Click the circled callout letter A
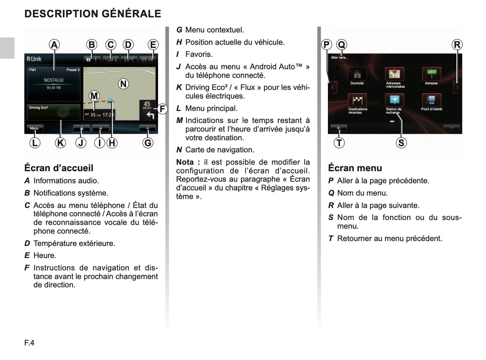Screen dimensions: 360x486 click(x=54, y=45)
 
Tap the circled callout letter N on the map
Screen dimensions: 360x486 click(x=123, y=84)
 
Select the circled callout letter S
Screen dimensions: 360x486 click(x=401, y=143)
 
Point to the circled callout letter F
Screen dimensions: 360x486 click(x=162, y=109)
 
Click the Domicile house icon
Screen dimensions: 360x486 click(x=357, y=74)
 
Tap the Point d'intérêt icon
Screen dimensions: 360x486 click(x=431, y=100)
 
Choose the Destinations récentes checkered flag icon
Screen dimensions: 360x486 click(x=357, y=100)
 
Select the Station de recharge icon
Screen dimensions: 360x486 click(x=394, y=100)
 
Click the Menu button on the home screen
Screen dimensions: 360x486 click(x=35, y=128)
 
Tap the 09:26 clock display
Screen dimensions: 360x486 click(x=147, y=60)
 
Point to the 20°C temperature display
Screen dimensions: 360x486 click(x=129, y=60)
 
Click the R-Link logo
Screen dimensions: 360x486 click(x=34, y=59)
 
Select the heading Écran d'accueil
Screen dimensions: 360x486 click(x=59, y=168)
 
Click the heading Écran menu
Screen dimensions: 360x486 click(x=355, y=168)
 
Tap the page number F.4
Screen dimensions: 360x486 click(x=29, y=343)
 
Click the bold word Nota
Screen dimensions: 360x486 click(x=185, y=162)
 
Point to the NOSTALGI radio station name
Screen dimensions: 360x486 click(x=53, y=80)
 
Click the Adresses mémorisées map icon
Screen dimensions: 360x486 click(x=394, y=74)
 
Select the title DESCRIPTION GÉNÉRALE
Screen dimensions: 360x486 click(x=93, y=14)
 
